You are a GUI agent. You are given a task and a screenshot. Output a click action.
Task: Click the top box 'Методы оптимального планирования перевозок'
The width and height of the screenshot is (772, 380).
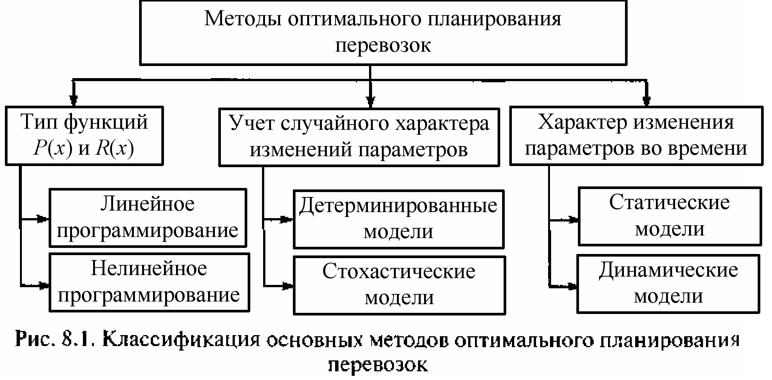(383, 32)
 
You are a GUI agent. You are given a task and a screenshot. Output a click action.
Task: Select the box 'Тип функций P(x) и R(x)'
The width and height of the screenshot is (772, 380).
(84, 136)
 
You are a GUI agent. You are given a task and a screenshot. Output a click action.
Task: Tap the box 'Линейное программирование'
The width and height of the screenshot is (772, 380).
(148, 218)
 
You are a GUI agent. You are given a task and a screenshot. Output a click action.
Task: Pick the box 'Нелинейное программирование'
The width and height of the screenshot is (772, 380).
(149, 282)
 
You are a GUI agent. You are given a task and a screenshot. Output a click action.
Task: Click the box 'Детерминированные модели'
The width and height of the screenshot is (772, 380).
(398, 219)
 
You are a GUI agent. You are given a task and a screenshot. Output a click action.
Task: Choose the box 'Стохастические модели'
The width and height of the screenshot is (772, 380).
(399, 285)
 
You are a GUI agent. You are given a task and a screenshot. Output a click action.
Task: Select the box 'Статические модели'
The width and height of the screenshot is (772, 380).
(669, 216)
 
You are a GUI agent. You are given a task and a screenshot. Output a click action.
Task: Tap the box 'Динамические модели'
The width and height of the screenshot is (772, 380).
(668, 283)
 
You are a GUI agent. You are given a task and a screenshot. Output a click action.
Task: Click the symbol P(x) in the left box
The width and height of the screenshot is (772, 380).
(52, 149)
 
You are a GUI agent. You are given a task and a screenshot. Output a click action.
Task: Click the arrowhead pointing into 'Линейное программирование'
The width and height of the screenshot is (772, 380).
(43, 218)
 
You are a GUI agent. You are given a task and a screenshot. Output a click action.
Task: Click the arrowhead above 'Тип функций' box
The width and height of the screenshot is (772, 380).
(74, 100)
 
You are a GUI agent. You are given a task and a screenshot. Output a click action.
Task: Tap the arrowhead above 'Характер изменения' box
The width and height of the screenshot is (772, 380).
(647, 100)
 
